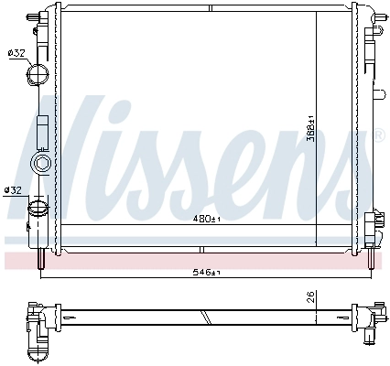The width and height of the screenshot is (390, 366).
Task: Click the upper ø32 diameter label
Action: (x=16, y=53)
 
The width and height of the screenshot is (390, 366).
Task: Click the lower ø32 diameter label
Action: (x=13, y=189)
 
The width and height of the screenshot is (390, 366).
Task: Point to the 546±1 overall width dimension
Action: (x=207, y=273)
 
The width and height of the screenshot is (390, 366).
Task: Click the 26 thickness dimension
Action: (x=310, y=297)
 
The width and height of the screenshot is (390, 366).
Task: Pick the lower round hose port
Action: (x=38, y=208)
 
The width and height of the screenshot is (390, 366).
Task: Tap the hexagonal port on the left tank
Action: (x=41, y=164)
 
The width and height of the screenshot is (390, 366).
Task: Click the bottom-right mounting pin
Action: (x=372, y=260)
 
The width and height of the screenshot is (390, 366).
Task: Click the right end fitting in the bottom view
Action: (x=371, y=319)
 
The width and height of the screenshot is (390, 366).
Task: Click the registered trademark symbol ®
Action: (x=380, y=135)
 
